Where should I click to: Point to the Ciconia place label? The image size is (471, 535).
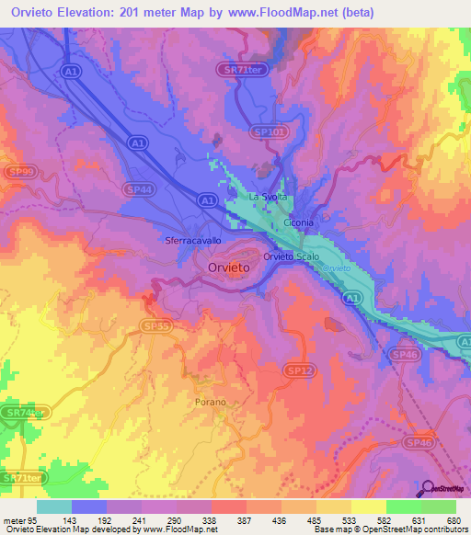(299, 222)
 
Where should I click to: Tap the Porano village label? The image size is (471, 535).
(210, 403)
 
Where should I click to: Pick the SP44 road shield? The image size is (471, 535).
(136, 186)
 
